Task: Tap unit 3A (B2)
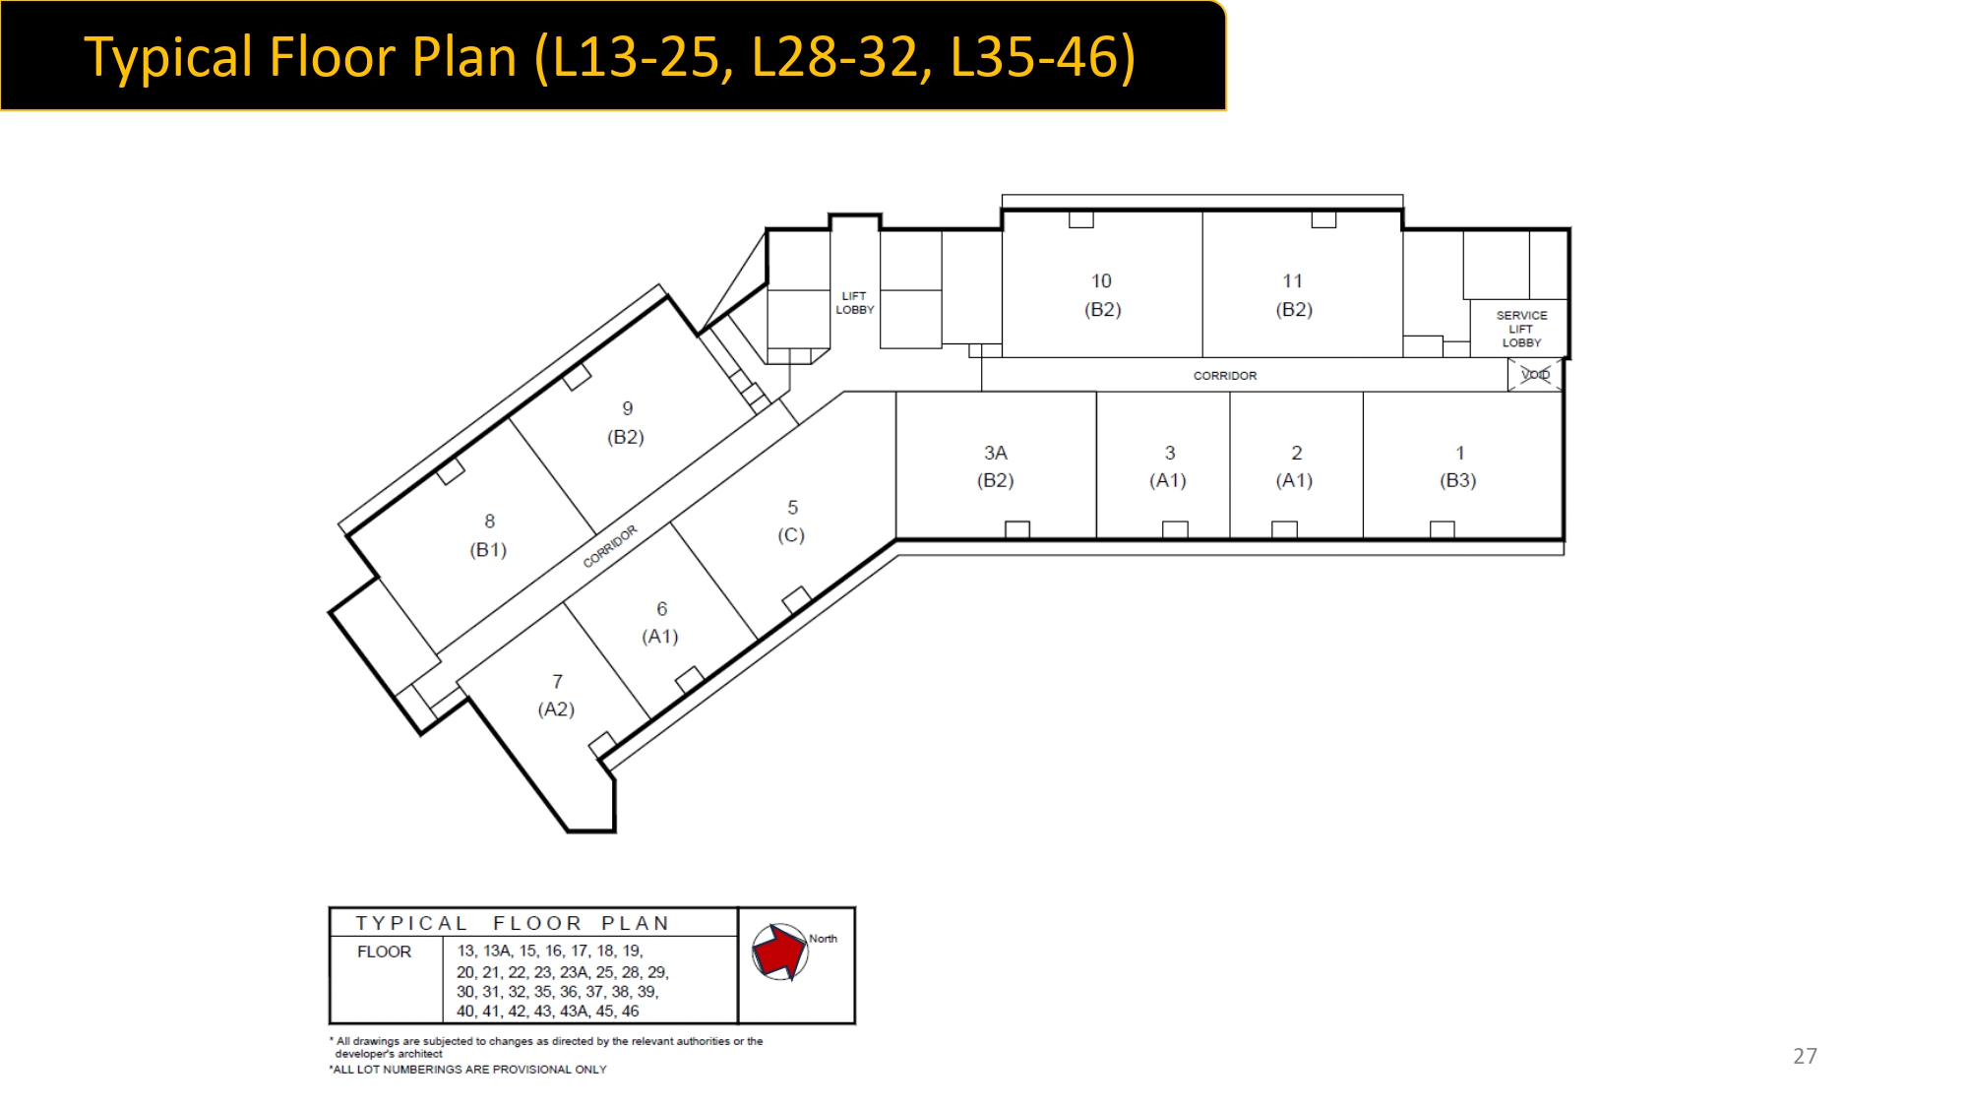tap(995, 466)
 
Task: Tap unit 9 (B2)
tap(626, 422)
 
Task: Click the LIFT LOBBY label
tap(854, 302)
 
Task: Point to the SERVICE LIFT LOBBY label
tap(1521, 329)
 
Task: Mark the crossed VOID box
tap(1535, 374)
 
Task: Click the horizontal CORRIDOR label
tap(1225, 375)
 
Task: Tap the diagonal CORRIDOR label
tap(610, 546)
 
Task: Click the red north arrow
tap(778, 952)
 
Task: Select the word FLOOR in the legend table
tap(384, 952)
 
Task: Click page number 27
tap(1805, 1056)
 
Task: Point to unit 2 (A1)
tap(1295, 466)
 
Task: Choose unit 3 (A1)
tap(1168, 466)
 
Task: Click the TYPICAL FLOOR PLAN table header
tap(512, 923)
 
